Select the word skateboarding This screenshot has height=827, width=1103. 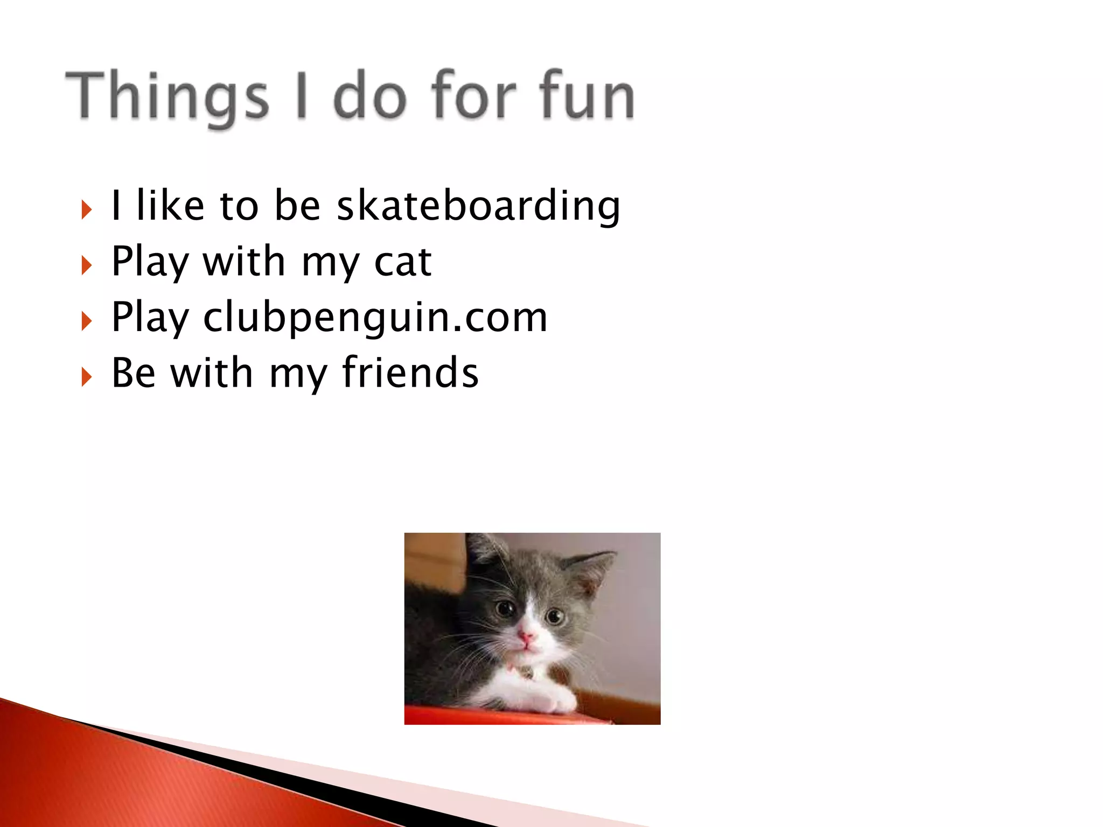(478, 206)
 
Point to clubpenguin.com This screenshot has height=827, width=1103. (375, 318)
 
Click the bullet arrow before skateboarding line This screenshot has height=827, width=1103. (86, 209)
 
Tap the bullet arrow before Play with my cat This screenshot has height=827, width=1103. (86, 265)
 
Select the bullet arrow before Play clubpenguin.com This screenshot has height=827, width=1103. (86, 321)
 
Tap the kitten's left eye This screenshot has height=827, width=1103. (505, 608)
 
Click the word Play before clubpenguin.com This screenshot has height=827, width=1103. (150, 318)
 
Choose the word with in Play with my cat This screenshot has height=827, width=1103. (243, 262)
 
